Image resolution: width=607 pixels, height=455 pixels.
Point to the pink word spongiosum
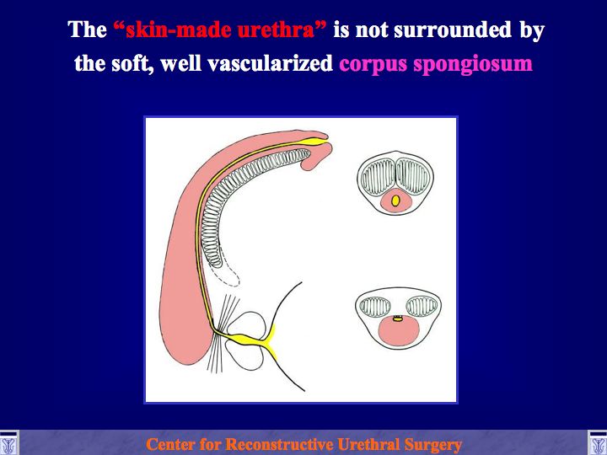[473, 64]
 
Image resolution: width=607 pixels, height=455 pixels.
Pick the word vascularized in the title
[270, 63]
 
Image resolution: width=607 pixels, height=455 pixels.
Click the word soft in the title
[132, 63]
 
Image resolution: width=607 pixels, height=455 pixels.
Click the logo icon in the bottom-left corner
[8, 443]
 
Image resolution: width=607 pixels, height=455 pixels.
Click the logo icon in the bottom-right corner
[598, 443]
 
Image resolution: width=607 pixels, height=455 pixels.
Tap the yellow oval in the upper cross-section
[395, 201]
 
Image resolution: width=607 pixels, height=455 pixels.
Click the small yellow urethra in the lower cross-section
[398, 318]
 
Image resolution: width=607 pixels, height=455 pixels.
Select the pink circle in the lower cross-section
[399, 331]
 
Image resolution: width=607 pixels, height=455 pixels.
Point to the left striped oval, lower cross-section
[375, 307]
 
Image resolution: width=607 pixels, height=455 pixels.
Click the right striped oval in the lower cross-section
[422, 307]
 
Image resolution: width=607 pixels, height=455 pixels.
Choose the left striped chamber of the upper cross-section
[378, 177]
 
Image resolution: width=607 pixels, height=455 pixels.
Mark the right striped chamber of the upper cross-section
[412, 177]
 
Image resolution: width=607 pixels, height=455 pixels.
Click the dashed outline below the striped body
[232, 276]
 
